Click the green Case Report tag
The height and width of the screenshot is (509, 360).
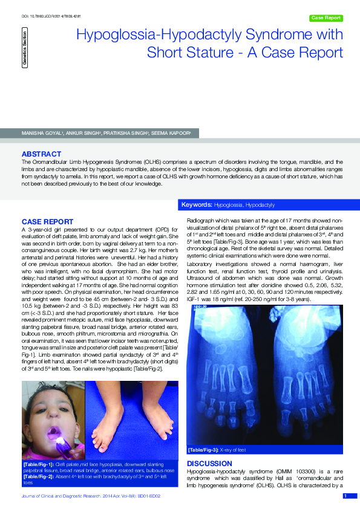[326, 18]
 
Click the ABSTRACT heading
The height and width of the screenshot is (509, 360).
[41, 154]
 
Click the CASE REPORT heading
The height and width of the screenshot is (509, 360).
[47, 222]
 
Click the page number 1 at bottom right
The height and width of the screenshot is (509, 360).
[345, 496]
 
